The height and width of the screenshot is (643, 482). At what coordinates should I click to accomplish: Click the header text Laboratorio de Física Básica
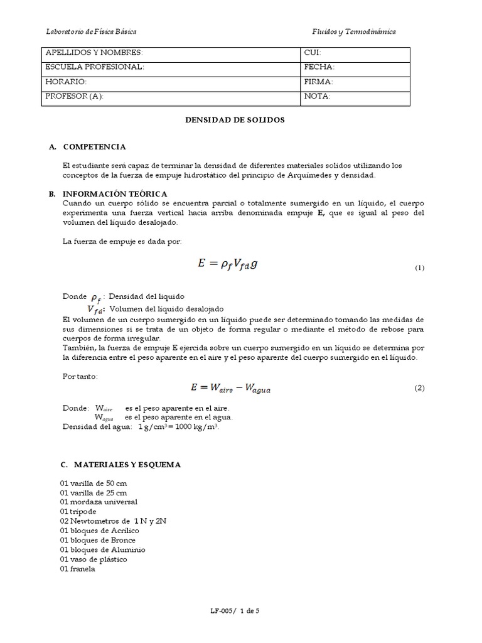(x=92, y=31)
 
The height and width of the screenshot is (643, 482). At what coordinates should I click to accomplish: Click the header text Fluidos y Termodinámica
(x=354, y=31)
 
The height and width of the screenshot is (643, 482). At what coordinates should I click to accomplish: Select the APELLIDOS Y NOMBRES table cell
(x=171, y=53)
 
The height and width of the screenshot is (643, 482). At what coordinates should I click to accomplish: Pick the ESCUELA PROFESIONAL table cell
(x=171, y=68)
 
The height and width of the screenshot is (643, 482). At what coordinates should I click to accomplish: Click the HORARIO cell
(x=171, y=82)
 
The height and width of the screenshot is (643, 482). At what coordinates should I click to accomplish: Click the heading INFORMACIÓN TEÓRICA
(x=115, y=195)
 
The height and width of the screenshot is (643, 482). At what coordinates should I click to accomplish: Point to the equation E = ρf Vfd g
(x=227, y=264)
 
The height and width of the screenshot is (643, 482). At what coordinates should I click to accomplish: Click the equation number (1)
(x=420, y=268)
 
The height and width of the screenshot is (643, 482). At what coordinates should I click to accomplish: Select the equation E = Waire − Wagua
(x=232, y=387)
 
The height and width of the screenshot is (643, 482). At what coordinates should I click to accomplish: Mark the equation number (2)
(x=420, y=388)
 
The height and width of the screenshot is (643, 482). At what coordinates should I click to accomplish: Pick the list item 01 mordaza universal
(x=99, y=502)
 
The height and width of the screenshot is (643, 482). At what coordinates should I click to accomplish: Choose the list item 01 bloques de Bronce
(x=98, y=540)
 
